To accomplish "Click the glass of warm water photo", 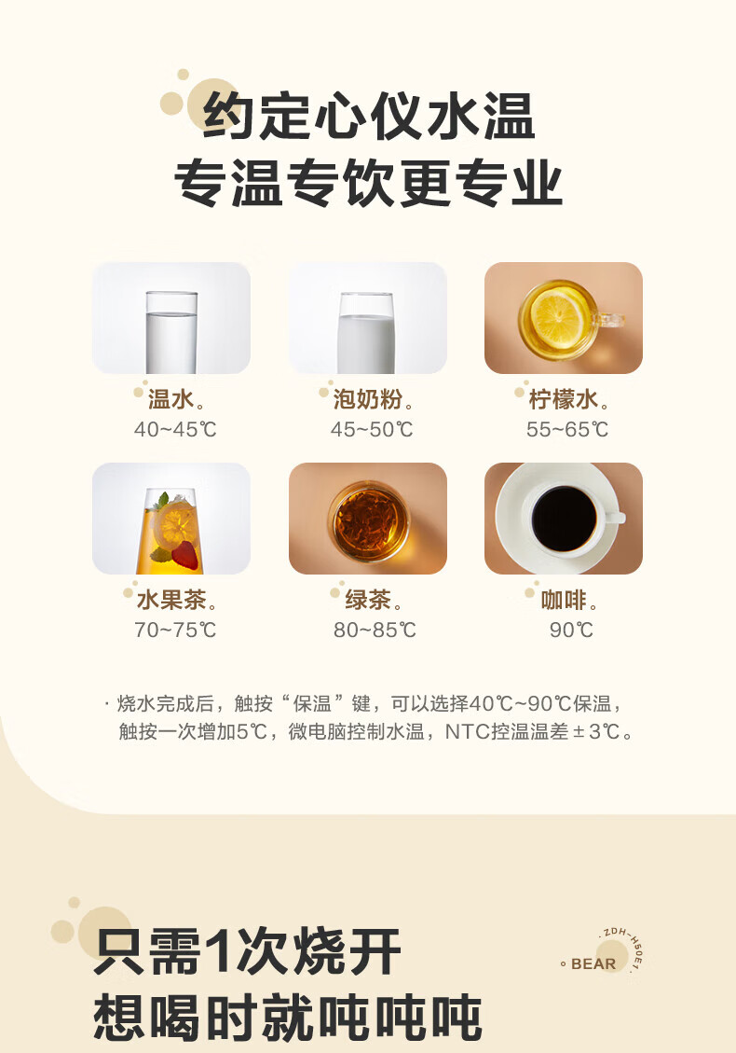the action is coord(171,318).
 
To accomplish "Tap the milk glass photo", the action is coord(368,318).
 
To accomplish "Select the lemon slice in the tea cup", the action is coord(556,317).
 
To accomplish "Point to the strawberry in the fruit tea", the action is coord(185,555).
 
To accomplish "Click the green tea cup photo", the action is coord(368,519).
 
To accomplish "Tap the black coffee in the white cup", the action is coord(564,519).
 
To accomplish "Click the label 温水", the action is coord(170,399).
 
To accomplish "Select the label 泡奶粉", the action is coord(368,399).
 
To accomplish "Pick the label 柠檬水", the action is coord(564,399).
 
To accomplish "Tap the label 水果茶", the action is coord(171,600).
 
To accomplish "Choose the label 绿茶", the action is coord(368,600).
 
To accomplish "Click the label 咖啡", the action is coord(564,600).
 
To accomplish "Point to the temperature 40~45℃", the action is coord(175,429).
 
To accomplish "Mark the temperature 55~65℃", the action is coord(567,429).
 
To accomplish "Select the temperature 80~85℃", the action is coord(375,630).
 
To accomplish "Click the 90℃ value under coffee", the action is coord(572,630).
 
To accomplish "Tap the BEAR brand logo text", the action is coord(593,963).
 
